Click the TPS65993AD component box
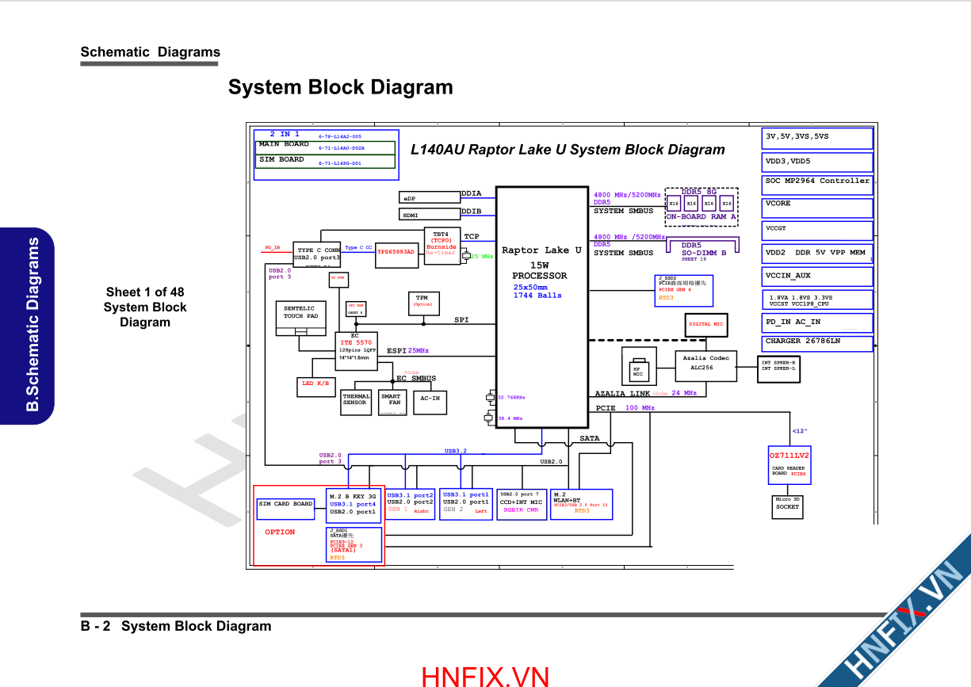[396, 252]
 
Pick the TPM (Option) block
[422, 302]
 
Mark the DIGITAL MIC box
[705, 325]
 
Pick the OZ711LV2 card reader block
[789, 464]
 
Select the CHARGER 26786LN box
[817, 343]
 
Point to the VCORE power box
[817, 208]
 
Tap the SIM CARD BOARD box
[285, 508]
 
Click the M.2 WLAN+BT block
[581, 504]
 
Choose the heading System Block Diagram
[341, 87]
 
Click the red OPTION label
[280, 532]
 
